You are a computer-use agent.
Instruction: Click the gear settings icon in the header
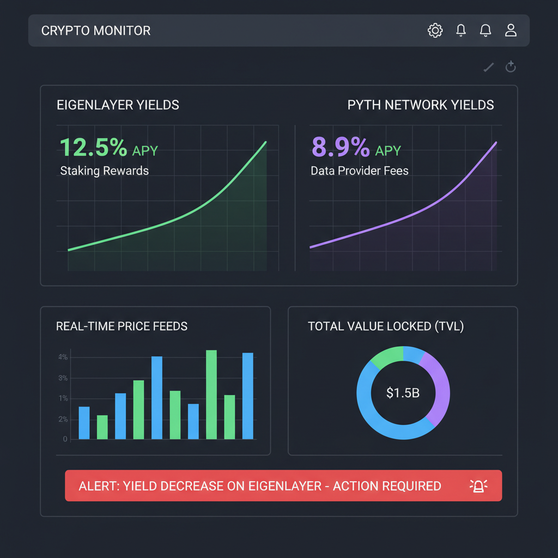click(435, 31)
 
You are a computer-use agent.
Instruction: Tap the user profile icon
click(511, 31)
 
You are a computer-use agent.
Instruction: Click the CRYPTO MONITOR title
click(96, 31)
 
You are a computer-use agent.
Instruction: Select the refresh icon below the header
click(511, 67)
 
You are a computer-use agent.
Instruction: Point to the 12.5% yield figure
click(93, 147)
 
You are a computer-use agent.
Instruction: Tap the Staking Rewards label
click(104, 171)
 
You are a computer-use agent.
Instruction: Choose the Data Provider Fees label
click(359, 171)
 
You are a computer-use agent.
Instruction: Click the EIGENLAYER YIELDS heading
click(118, 105)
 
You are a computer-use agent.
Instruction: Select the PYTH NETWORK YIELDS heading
click(421, 105)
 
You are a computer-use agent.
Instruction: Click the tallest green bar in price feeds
click(211, 394)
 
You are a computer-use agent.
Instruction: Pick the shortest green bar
click(102, 427)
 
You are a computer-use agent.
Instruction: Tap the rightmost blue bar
click(247, 396)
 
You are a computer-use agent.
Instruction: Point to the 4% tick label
click(63, 357)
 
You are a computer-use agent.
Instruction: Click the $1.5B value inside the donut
click(403, 393)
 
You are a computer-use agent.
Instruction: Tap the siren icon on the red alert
click(478, 486)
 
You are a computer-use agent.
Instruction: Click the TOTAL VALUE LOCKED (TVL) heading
click(386, 326)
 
